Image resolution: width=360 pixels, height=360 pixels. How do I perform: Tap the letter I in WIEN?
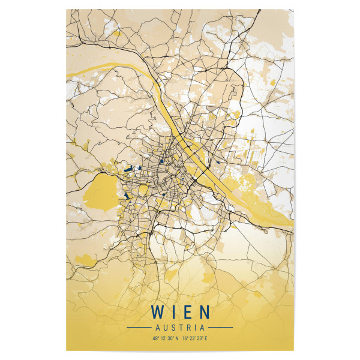pyautogui.click(x=173, y=313)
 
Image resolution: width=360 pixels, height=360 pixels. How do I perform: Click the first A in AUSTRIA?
pyautogui.click(x=157, y=328)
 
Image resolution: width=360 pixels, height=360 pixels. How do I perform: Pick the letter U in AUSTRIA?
pyautogui.click(x=165, y=328)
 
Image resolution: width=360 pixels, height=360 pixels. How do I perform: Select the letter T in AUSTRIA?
pyautogui.click(x=180, y=328)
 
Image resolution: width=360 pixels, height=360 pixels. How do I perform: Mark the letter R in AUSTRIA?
pyautogui.click(x=188, y=328)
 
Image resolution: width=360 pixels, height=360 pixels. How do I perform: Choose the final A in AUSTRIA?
pyautogui.click(x=202, y=328)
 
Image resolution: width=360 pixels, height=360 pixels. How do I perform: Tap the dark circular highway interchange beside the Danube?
pyautogui.click(x=194, y=179)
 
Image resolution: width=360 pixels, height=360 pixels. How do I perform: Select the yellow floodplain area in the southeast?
pyautogui.click(x=264, y=207)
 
